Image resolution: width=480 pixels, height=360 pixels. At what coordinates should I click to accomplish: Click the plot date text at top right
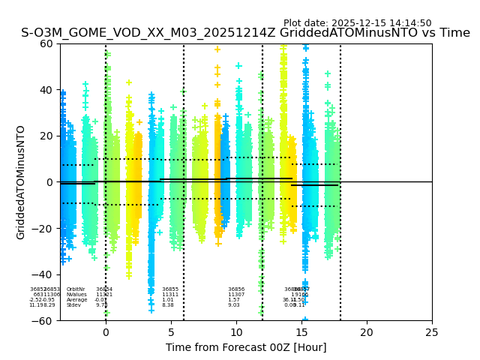(357, 23)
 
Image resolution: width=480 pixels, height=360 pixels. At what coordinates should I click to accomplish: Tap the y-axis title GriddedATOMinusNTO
(21, 182)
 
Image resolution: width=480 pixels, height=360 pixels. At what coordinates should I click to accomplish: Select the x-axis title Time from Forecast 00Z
(246, 347)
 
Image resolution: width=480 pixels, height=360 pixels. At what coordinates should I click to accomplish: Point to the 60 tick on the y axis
(46, 43)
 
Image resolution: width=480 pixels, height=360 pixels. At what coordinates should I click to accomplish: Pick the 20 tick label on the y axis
(46, 136)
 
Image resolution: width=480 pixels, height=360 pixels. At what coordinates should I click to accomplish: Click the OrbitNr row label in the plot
(76, 289)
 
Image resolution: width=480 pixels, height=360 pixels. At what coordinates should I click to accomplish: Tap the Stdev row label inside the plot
(73, 305)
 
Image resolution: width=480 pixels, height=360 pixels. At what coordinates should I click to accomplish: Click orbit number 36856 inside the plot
(236, 289)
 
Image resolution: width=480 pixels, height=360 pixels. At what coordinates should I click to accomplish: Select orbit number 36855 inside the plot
(170, 289)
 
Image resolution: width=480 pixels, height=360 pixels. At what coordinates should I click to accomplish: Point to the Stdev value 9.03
(234, 305)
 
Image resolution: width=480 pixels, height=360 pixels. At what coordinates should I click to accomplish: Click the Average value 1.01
(168, 300)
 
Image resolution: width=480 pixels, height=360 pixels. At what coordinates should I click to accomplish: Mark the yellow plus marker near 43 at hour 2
(129, 82)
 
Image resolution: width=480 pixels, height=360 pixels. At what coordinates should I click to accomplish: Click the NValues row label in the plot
(76, 295)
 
